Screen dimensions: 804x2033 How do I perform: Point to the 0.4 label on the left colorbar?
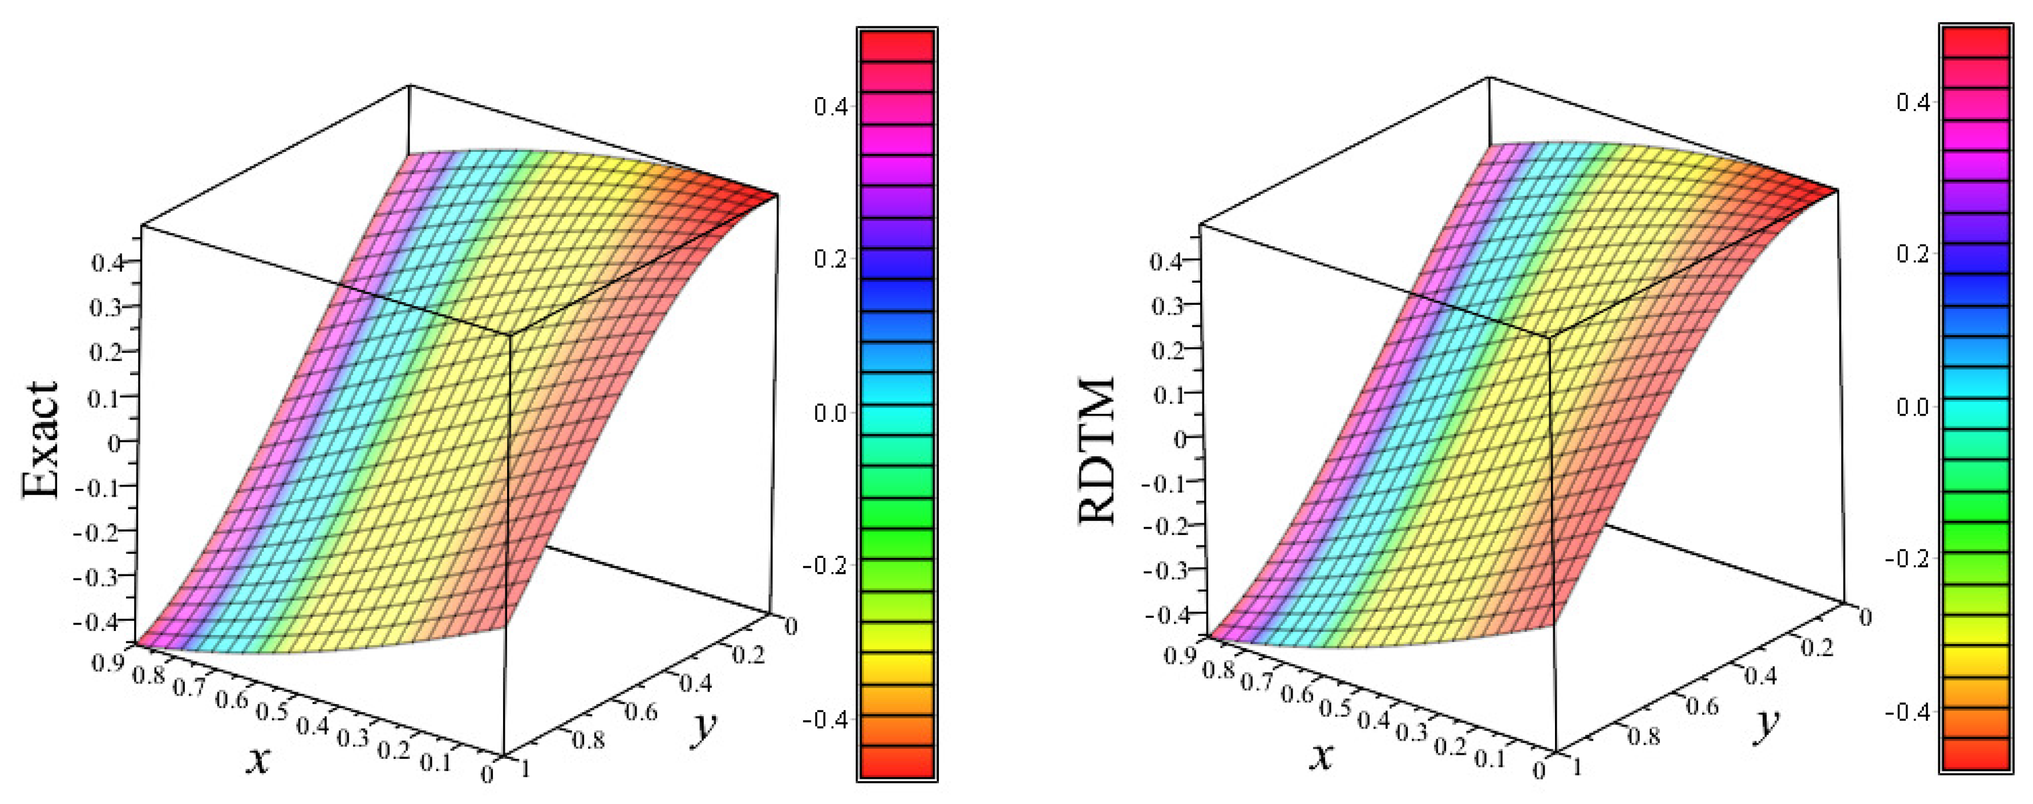tap(830, 106)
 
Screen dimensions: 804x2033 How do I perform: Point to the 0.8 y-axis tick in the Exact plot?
tap(588, 740)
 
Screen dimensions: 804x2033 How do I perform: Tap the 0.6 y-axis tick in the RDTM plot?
tap(1702, 705)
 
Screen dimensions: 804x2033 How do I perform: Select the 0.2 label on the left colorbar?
tap(830, 259)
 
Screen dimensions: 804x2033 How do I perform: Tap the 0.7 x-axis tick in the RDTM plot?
tap(1257, 681)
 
